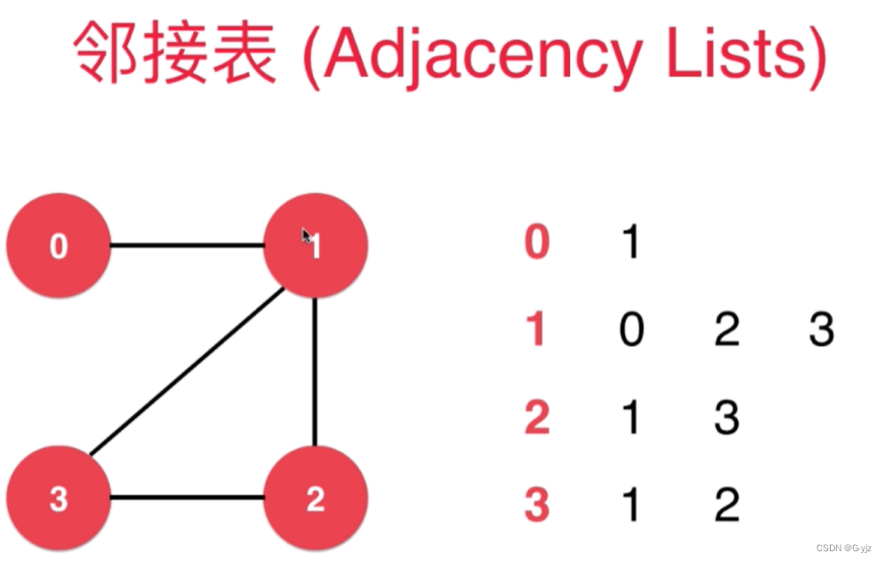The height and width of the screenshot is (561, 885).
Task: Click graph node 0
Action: coord(59,245)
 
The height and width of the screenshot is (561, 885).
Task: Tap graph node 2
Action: coord(316,499)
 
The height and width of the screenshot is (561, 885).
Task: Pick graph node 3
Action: coord(59,499)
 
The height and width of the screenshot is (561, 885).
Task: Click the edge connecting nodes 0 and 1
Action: coord(187,245)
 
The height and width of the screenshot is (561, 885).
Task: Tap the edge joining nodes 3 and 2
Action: coord(187,499)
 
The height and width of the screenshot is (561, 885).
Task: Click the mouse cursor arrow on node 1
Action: coord(306,236)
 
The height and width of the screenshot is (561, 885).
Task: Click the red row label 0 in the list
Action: coord(536,242)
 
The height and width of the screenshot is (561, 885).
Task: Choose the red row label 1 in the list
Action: coord(536,330)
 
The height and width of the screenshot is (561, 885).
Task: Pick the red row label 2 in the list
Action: coord(536,417)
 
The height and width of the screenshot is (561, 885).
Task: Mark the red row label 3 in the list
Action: coord(536,504)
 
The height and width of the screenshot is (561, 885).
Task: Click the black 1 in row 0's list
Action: coord(631,242)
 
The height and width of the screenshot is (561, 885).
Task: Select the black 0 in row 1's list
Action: coord(632,330)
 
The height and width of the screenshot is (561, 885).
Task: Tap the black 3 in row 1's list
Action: coord(821,330)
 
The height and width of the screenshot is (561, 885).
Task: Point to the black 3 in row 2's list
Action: coord(727,417)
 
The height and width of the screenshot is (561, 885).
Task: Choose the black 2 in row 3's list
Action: coord(727,504)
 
